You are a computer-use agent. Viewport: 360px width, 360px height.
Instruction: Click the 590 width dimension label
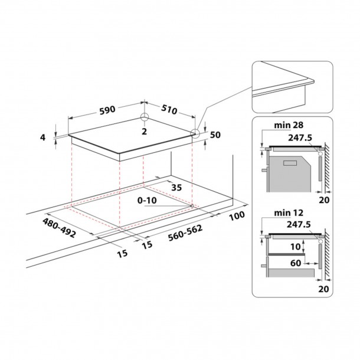point(107,110)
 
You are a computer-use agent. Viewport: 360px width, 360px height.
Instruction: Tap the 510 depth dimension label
point(169,109)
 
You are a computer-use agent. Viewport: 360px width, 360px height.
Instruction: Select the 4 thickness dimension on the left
point(42,138)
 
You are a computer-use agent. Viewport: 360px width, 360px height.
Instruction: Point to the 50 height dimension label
point(215,135)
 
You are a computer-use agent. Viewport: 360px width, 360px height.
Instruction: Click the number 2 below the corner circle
point(144,132)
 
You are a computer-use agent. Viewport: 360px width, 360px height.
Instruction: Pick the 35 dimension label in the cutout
point(176,187)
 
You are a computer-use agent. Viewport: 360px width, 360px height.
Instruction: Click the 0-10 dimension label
point(147,201)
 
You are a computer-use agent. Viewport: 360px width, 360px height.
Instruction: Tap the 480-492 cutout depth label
point(59,228)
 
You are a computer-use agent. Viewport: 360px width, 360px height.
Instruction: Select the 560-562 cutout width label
point(185,233)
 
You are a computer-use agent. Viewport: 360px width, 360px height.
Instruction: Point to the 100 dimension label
point(237,216)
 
